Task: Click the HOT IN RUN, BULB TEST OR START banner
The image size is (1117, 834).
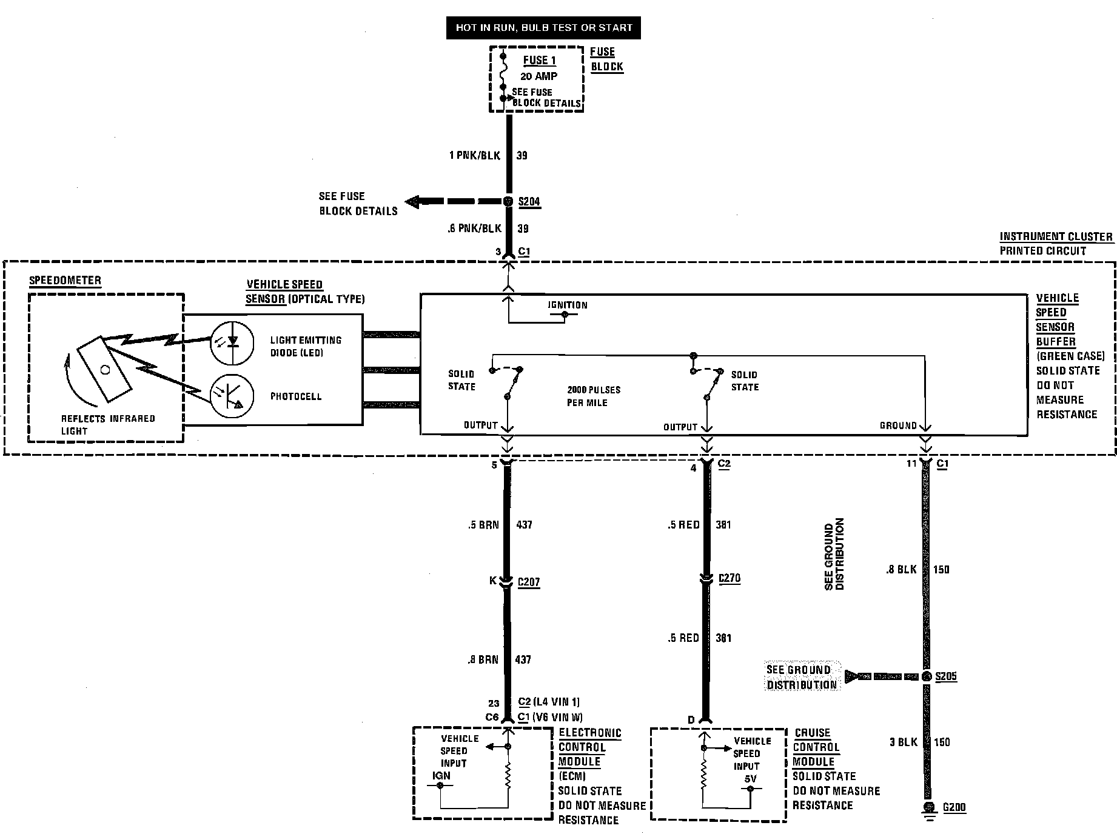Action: [543, 28]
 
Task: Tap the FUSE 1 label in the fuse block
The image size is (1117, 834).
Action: [539, 60]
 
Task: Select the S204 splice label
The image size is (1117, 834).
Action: [529, 202]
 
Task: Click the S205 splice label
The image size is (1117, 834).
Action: [946, 676]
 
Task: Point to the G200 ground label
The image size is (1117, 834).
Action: [954, 807]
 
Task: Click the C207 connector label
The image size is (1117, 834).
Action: [528, 582]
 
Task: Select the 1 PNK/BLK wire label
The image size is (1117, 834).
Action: [475, 156]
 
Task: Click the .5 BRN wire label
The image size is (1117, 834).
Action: [483, 525]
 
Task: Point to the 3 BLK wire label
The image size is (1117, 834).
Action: [904, 742]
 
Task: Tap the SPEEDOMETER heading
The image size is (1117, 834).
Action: [65, 281]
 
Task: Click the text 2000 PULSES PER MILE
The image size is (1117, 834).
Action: [594, 396]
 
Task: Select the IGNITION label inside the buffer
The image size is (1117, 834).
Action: [568, 305]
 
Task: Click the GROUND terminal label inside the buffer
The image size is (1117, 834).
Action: [898, 425]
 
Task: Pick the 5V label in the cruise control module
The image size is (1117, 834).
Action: [750, 778]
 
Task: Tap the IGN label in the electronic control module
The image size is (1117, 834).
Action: [441, 775]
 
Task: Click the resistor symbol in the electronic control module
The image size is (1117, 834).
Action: [508, 775]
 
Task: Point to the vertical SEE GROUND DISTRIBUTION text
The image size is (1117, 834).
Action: [834, 554]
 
